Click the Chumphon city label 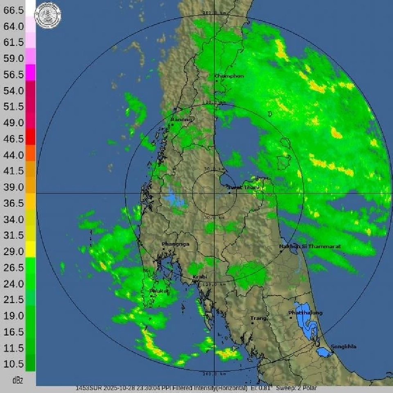229,76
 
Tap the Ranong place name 181,120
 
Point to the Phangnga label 176,244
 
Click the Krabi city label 200,277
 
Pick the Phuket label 158,291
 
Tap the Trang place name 259,318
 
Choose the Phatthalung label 305,313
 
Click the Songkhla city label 343,347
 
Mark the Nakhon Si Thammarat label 310,246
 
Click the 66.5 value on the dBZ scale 14,11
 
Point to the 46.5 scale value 14,139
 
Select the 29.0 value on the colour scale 14,251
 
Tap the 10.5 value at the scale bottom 14,364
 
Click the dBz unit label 18,380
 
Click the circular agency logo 48,15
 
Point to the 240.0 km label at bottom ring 215,374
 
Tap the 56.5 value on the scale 14,75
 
